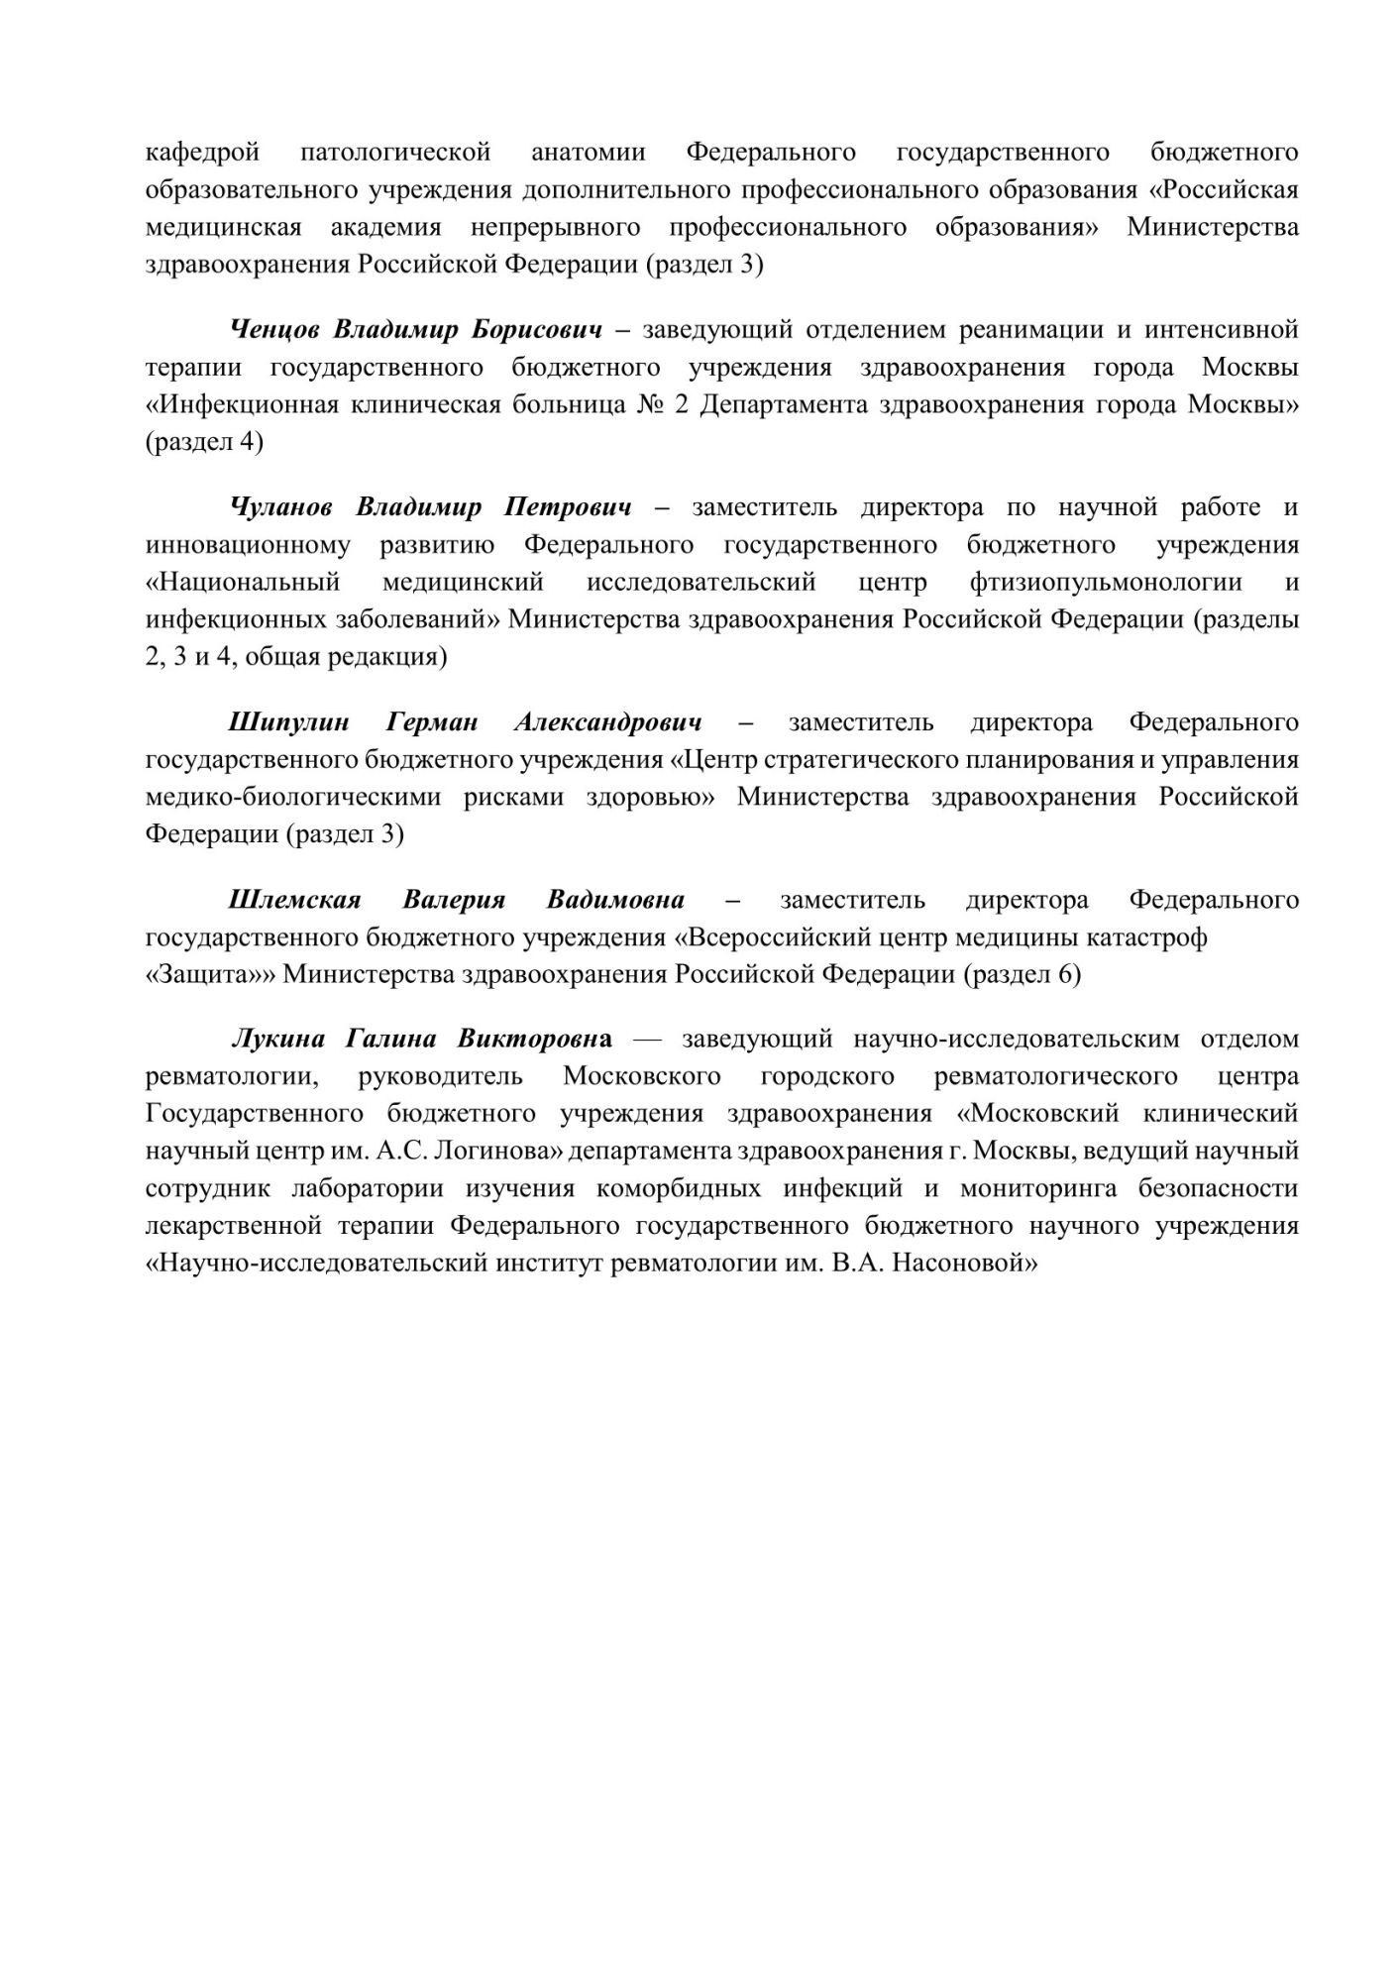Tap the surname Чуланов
click(x=280, y=508)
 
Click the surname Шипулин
click(x=288, y=722)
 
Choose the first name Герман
click(x=432, y=722)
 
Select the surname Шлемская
click(x=294, y=901)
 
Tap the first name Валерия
click(x=454, y=901)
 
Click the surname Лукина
click(x=277, y=1040)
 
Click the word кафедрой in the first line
click(x=203, y=153)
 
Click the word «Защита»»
click(x=210, y=975)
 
